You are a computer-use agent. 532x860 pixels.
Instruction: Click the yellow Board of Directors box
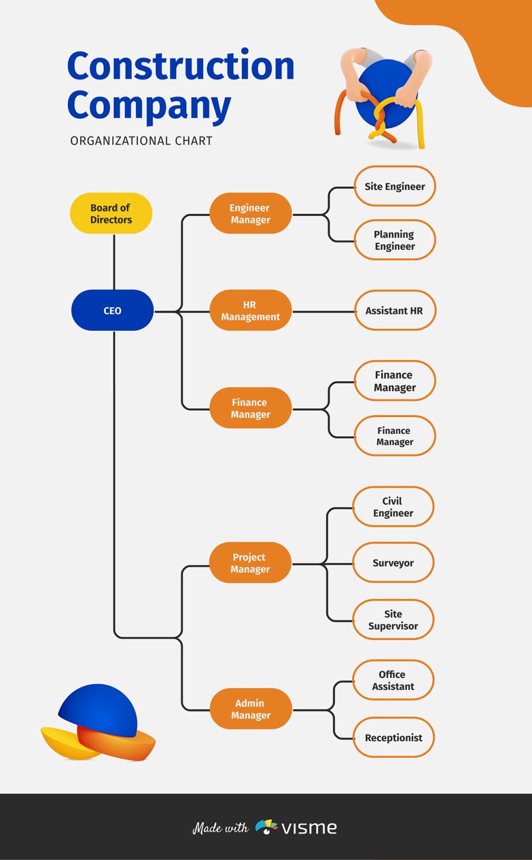click(111, 213)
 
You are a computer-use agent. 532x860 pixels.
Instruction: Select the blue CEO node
click(112, 310)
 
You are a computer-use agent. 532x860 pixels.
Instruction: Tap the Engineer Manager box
click(250, 213)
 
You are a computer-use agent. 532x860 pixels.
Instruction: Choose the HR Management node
click(250, 310)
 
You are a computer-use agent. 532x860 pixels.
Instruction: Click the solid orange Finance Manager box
click(250, 408)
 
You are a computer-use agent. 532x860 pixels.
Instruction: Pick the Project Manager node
click(250, 563)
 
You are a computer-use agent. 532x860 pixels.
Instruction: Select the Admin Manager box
click(251, 709)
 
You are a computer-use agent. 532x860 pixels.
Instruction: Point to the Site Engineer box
click(395, 186)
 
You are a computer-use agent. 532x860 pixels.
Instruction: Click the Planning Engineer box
click(395, 240)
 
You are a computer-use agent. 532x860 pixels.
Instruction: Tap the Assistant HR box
click(395, 310)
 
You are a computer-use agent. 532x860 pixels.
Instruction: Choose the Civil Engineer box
click(393, 507)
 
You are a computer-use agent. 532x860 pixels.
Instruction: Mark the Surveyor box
click(393, 563)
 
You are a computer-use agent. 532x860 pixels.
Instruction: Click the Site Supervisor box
click(393, 620)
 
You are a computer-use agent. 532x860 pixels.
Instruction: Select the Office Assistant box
click(393, 680)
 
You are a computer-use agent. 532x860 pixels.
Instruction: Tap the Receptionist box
click(394, 737)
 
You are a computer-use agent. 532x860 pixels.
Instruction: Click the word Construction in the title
click(181, 66)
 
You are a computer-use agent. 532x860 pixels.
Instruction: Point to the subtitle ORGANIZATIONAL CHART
click(141, 141)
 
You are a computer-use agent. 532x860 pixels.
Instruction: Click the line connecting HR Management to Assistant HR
click(323, 311)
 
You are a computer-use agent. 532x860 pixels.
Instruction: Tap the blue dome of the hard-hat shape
click(99, 709)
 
